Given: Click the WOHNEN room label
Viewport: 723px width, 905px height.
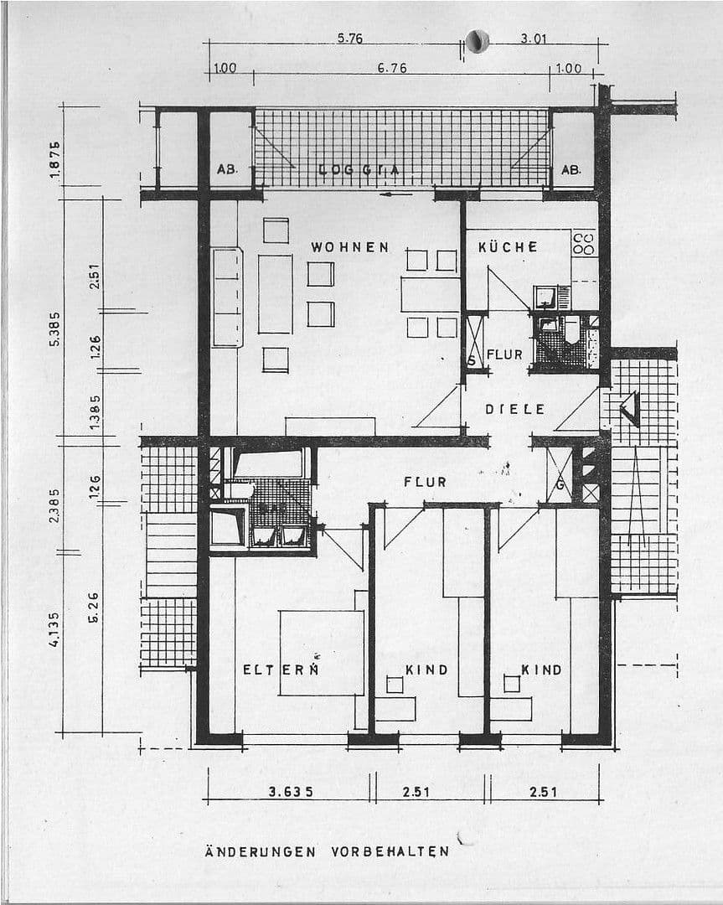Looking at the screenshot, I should [x=349, y=247].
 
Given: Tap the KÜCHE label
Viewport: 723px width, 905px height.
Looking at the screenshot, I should [x=507, y=247].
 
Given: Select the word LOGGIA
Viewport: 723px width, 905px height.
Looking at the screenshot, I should [x=359, y=170].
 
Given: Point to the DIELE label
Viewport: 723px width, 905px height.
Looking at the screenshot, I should [x=514, y=409].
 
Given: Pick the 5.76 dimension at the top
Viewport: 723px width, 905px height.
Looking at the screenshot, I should [x=349, y=39].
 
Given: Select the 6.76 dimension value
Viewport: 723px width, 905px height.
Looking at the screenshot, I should [x=391, y=68].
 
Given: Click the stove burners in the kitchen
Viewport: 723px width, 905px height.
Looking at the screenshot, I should [x=584, y=243].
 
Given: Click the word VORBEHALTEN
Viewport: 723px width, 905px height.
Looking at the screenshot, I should [x=390, y=851].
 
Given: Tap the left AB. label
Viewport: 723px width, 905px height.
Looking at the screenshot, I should [x=227, y=169].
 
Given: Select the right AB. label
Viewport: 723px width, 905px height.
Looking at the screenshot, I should [x=571, y=169].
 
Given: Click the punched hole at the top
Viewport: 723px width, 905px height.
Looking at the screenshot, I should [x=477, y=40].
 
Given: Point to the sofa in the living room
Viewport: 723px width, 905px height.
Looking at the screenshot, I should [x=227, y=297].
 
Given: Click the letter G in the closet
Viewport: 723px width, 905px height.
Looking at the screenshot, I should [x=559, y=485].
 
